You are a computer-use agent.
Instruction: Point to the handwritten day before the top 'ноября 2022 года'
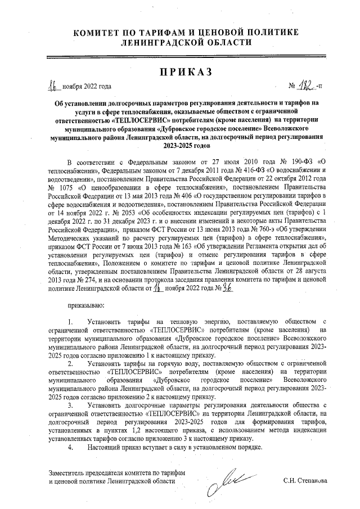tap(54, 85)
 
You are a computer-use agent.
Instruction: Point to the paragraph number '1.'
tap(70, 321)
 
